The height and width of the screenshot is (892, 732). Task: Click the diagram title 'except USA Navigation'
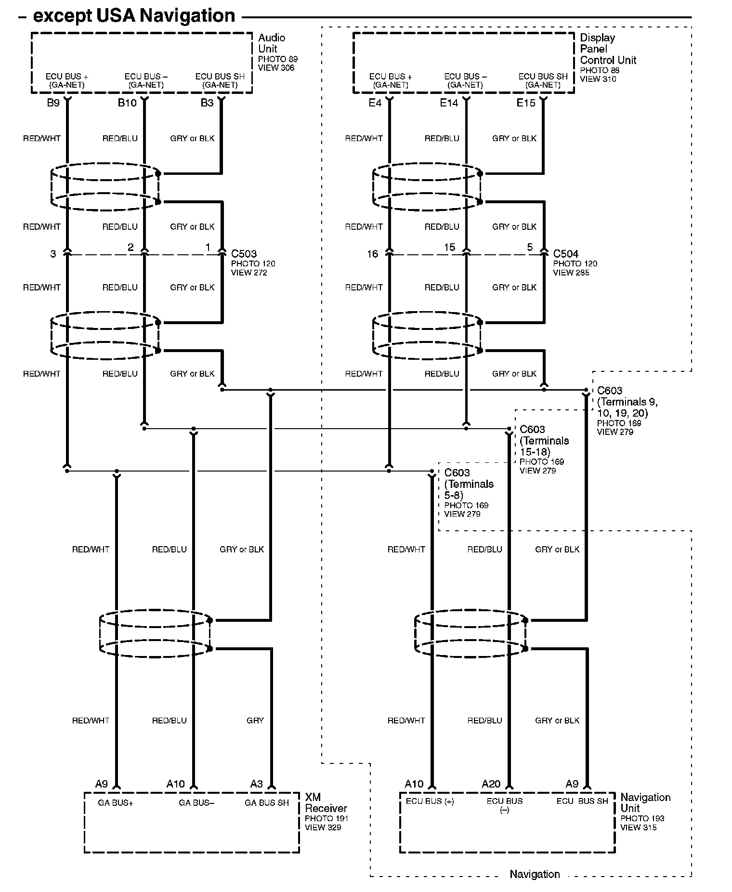133,16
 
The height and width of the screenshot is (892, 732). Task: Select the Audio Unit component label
271,43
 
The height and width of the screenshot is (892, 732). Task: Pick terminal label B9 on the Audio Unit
53,103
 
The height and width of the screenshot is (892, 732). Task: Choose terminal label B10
128,103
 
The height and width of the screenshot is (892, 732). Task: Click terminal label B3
207,103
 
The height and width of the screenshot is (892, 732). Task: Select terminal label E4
375,103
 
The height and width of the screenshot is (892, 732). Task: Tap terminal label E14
449,103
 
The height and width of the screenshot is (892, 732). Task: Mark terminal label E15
526,103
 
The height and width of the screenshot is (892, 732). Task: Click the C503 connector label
244,254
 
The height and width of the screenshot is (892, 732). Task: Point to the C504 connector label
566,254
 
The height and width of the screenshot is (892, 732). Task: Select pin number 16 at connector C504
373,254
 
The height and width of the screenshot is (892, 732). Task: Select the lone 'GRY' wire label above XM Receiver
255,721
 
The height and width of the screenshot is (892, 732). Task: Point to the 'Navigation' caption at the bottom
535,874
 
